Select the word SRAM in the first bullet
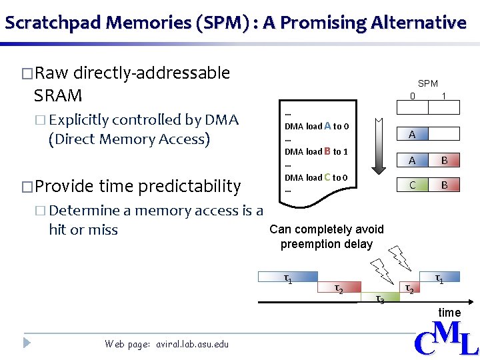(58, 95)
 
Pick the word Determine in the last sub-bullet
(84, 211)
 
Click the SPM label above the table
(427, 83)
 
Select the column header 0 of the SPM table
(413, 97)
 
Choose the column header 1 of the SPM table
(444, 97)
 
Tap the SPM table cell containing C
(413, 185)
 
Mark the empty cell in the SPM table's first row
(444, 134)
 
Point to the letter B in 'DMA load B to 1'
(328, 151)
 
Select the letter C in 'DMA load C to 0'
(327, 177)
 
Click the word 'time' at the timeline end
(449, 313)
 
